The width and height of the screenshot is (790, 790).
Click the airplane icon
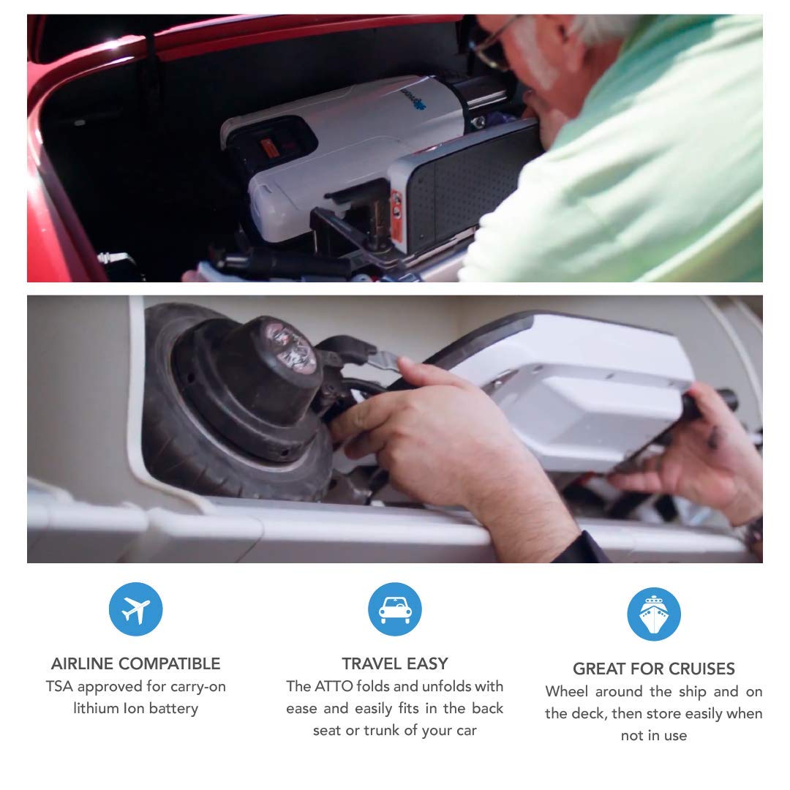(x=135, y=609)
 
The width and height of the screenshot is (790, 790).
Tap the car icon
(x=395, y=609)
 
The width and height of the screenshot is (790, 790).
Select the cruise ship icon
(x=653, y=614)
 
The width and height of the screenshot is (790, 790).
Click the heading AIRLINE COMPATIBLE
(x=135, y=663)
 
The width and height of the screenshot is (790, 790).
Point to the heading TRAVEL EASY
(x=395, y=663)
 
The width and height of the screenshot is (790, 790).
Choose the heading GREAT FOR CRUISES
(x=653, y=669)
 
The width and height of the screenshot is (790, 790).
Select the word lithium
(x=98, y=709)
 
